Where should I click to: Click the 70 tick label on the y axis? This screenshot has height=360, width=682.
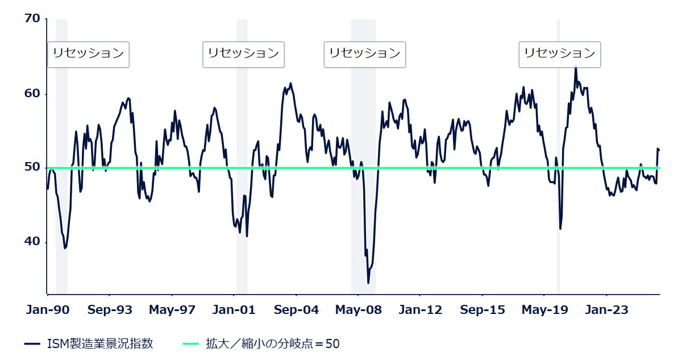32,19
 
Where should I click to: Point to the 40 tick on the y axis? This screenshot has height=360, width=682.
32,242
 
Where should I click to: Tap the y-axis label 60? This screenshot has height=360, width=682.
32,93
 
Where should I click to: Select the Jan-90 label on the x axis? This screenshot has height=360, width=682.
48,310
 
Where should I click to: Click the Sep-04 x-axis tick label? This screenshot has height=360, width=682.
296,310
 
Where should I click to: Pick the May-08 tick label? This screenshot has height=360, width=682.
358,310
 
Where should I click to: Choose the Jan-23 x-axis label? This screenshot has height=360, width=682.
607,310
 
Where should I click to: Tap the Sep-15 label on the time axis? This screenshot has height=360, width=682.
483,310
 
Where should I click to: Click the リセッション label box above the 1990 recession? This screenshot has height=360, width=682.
88,54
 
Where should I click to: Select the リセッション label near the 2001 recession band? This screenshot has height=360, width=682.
243,54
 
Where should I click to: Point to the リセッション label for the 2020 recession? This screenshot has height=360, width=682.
559,54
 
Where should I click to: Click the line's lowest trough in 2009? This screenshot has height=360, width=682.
368,283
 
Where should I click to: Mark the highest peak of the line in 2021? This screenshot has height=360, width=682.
576,67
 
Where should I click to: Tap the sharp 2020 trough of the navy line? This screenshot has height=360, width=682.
560,229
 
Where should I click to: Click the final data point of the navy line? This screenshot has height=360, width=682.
659,150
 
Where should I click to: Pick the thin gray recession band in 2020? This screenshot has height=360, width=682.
558,171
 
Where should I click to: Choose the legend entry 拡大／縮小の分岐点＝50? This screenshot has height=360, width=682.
272,344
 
